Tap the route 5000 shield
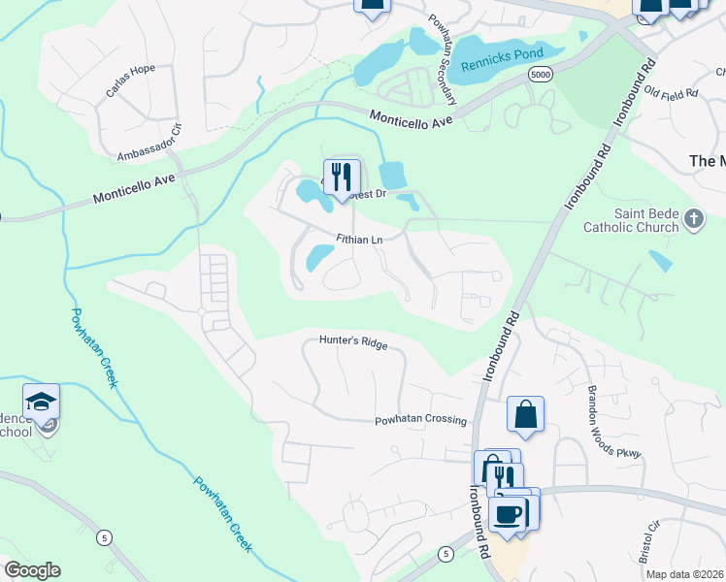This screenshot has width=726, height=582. pyautogui.click(x=541, y=75)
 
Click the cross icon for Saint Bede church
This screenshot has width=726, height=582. pyautogui.click(x=693, y=219)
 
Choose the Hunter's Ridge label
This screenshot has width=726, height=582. pyautogui.click(x=353, y=342)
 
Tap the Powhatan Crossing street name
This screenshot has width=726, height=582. pyautogui.click(x=421, y=421)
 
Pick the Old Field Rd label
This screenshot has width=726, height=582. pyautogui.click(x=672, y=94)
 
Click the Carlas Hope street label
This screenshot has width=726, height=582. pyautogui.click(x=130, y=85)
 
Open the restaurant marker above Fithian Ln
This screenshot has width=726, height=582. pyautogui.click(x=341, y=177)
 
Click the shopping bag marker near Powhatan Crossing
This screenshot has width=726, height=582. pyautogui.click(x=525, y=415)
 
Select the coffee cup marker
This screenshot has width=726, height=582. pyautogui.click(x=508, y=513)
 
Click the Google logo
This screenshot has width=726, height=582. pyautogui.click(x=32, y=570)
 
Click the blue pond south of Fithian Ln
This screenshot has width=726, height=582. pyautogui.click(x=319, y=258)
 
